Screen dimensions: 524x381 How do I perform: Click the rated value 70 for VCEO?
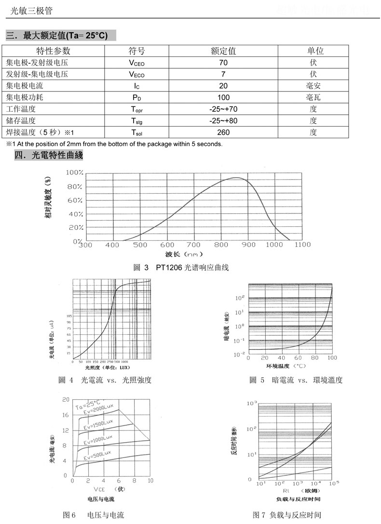tap(223, 63)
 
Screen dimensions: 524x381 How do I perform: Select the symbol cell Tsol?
tap(136, 132)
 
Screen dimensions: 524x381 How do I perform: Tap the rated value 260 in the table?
tap(223, 132)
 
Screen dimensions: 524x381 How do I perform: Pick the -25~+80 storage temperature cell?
tap(223, 120)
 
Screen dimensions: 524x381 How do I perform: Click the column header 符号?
tap(136, 51)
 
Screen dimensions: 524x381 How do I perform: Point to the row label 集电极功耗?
tap(25, 97)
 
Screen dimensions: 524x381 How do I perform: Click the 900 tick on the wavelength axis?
tap(248, 245)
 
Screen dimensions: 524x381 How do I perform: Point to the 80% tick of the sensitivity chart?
tap(75, 187)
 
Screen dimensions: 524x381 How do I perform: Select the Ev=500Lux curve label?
tap(97, 455)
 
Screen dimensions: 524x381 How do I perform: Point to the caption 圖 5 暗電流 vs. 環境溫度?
tap(296, 380)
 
